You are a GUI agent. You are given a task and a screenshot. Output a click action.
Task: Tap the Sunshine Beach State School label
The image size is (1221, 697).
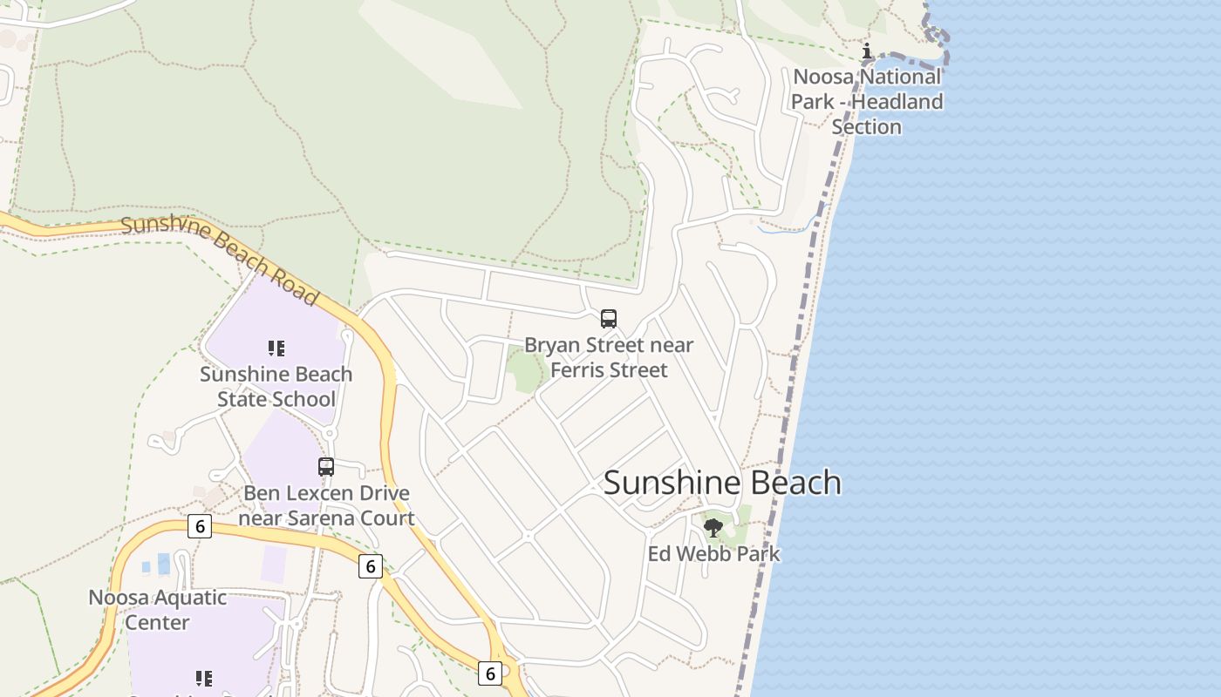[276, 387]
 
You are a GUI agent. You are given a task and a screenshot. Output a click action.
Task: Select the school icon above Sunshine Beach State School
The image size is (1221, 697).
[276, 348]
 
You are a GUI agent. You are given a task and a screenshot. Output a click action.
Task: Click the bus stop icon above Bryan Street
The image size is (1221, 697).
[609, 319]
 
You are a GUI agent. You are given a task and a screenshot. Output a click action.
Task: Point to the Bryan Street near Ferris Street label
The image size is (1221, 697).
[609, 357]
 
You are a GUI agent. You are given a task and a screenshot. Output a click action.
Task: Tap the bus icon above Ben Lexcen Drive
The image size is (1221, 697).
[326, 467]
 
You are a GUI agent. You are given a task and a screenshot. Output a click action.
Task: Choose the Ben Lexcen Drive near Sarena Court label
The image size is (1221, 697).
[326, 505]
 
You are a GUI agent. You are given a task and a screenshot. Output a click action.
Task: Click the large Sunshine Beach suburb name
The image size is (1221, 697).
[722, 483]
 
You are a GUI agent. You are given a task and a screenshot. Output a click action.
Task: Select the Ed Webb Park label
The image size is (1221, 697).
[713, 554]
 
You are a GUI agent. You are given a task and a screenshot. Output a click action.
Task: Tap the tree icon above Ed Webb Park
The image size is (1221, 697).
[713, 527]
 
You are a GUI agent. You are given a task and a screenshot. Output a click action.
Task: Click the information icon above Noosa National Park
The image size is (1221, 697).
[867, 51]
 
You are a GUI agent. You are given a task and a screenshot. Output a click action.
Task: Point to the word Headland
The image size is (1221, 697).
[897, 102]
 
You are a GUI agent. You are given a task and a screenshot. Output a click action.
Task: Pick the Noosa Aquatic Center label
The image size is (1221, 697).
[157, 610]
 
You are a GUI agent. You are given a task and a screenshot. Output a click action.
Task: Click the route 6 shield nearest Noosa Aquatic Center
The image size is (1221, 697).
[200, 526]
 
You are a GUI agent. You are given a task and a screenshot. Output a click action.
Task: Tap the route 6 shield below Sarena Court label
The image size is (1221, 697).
[371, 566]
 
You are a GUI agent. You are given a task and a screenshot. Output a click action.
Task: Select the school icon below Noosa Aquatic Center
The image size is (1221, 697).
[203, 678]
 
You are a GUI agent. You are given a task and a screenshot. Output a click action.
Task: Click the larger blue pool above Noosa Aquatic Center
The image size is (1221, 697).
[164, 564]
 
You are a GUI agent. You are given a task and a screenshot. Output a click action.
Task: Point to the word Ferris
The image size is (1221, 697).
[580, 370]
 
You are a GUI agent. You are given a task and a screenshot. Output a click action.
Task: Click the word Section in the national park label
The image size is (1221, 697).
[866, 127]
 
